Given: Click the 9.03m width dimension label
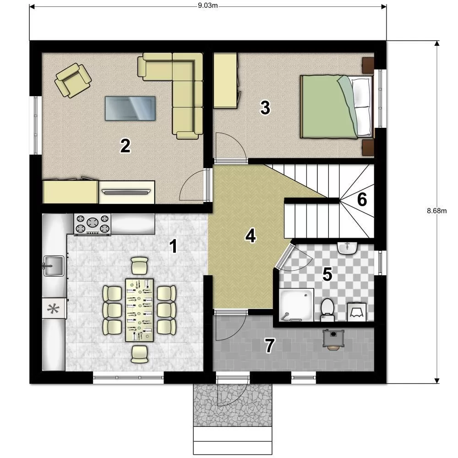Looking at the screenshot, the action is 207,5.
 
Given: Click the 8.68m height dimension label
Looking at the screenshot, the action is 436,211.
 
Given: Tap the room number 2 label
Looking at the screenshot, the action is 125,146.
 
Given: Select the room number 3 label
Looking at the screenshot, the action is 265,108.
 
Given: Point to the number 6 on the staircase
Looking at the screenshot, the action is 362,200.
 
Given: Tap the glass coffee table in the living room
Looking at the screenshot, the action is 130,108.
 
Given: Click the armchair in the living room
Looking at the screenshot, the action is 73,80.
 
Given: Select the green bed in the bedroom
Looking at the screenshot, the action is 337,106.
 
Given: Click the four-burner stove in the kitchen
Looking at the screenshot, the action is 93,224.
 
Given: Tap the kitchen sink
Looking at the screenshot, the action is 54,266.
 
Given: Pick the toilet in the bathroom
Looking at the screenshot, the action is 327,310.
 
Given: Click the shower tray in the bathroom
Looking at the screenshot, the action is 296,305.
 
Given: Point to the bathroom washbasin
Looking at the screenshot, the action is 348,248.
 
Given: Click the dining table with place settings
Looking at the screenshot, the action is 139,310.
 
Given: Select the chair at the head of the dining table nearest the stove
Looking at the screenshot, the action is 140,266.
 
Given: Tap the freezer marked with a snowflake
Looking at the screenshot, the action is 54,308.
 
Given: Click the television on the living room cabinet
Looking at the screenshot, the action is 126,191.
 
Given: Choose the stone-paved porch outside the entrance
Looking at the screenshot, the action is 233,405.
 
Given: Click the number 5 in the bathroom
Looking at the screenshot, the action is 327,274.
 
